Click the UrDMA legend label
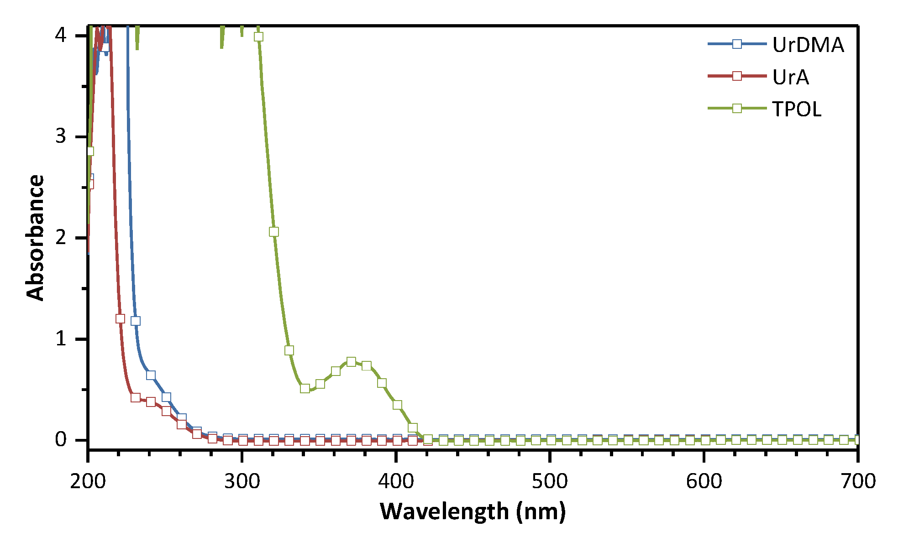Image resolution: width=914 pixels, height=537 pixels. pyautogui.click(x=808, y=45)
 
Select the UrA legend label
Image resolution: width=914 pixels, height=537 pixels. pyautogui.click(x=790, y=77)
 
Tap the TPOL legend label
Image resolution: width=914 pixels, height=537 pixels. pyautogui.click(x=797, y=109)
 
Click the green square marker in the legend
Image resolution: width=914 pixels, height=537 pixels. pyautogui.click(x=737, y=108)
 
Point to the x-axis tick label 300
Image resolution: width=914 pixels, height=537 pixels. pyautogui.click(x=242, y=481)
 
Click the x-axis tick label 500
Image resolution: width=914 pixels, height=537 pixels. pyautogui.click(x=550, y=481)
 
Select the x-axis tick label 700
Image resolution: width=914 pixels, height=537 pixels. pyautogui.click(x=858, y=481)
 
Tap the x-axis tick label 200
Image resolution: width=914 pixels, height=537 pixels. pyautogui.click(x=88, y=481)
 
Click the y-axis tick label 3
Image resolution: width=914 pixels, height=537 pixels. pyautogui.click(x=61, y=136)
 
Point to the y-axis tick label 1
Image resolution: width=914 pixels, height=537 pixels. pyautogui.click(x=61, y=339)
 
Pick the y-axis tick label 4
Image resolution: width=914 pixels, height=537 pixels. pyautogui.click(x=61, y=35)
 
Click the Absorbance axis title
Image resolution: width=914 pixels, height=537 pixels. pyautogui.click(x=35, y=237)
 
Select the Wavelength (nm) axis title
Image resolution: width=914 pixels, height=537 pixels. pyautogui.click(x=473, y=511)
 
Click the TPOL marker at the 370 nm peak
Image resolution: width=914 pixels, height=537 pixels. pyautogui.click(x=351, y=362)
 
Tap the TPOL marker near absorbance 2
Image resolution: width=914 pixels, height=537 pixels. pyautogui.click(x=274, y=232)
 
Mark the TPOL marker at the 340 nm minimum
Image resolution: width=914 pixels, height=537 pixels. pyautogui.click(x=305, y=388)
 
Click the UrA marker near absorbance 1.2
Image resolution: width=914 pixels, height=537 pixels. pyautogui.click(x=120, y=318)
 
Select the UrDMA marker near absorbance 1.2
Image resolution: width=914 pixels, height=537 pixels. pyautogui.click(x=136, y=321)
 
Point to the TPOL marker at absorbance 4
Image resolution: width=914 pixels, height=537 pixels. pyautogui.click(x=258, y=36)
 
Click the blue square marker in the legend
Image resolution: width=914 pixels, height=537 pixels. pyautogui.click(x=737, y=44)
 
